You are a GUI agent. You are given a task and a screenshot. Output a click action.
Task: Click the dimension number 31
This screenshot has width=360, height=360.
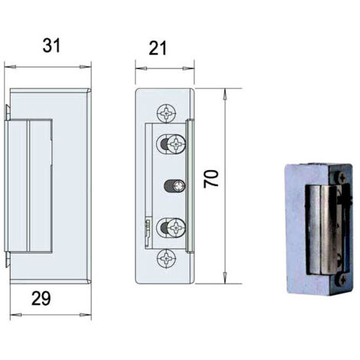[51, 46]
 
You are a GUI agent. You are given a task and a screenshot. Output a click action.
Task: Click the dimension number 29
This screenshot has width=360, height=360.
[41, 298]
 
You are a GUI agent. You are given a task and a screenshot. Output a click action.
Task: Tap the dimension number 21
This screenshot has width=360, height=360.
[158, 48]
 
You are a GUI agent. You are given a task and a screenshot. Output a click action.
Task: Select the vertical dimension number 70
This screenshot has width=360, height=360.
[211, 178]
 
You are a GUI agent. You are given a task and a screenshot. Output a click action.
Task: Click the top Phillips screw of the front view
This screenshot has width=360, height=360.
[167, 113]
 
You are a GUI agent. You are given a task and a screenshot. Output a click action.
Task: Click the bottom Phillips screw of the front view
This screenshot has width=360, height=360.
[167, 258]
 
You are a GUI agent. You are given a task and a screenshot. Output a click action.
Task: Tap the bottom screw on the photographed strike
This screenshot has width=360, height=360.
[342, 280]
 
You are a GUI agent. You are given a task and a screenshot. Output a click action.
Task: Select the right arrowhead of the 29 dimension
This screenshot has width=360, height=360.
[85, 315]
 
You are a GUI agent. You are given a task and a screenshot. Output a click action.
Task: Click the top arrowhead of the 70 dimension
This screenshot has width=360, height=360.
[225, 94]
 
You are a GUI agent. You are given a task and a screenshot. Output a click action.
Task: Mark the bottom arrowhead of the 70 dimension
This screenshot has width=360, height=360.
[225, 277]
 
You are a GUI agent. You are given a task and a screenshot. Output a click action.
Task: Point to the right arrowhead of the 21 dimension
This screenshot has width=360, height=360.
[188, 68]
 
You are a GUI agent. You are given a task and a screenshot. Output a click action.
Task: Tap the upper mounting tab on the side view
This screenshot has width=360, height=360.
[8, 113]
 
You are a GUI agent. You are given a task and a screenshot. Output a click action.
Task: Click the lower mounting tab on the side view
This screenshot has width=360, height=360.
[8, 259]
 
